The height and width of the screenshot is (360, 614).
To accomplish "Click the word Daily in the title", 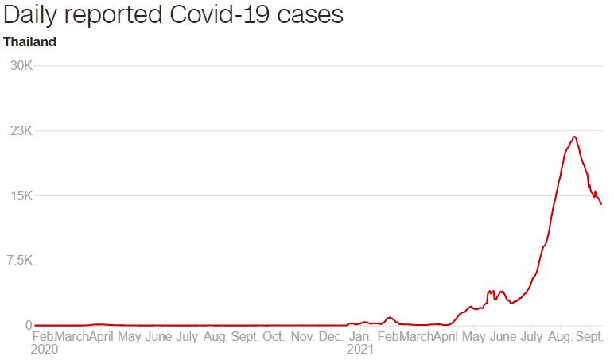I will pyautogui.click(x=33, y=16).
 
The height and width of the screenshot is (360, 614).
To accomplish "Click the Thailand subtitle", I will pyautogui.click(x=30, y=42).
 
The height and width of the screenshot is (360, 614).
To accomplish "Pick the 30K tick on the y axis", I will pyautogui.click(x=19, y=65).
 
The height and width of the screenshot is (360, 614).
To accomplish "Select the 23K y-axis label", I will pyautogui.click(x=19, y=130).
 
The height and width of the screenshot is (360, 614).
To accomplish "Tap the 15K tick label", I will pyautogui.click(x=19, y=195).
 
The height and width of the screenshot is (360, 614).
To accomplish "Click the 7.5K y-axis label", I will pyautogui.click(x=17, y=261).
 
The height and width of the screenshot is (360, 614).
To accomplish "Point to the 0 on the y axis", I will pyautogui.click(x=27, y=325).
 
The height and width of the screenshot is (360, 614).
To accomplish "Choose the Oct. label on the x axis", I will pyautogui.click(x=274, y=336).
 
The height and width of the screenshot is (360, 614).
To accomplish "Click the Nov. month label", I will pyautogui.click(x=303, y=336).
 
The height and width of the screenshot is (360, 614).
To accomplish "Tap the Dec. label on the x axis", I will pyautogui.click(x=332, y=336).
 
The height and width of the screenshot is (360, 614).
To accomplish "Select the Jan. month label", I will pyautogui.click(x=360, y=336).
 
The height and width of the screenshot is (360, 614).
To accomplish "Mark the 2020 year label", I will pyautogui.click(x=45, y=349).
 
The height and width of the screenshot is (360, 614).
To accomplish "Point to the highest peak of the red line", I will pyautogui.click(x=573, y=137).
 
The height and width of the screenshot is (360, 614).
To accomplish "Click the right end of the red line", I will pyautogui.click(x=601, y=204).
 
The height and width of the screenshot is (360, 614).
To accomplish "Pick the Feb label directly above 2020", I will pyautogui.click(x=42, y=336).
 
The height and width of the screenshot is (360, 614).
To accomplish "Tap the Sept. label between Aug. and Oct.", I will pyautogui.click(x=245, y=336).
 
